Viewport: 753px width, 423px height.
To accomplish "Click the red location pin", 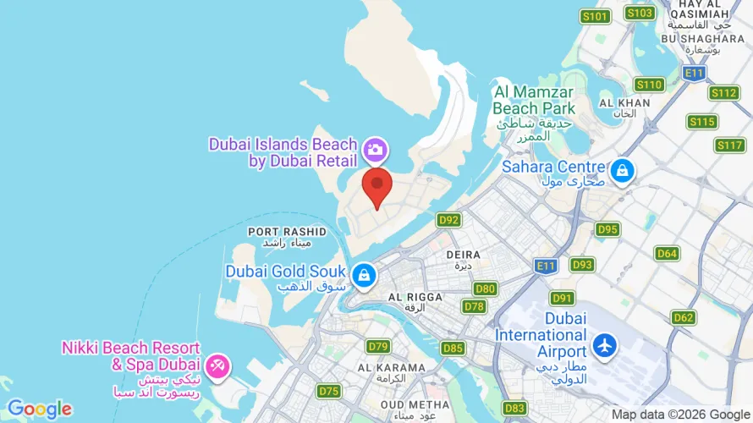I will [376, 186].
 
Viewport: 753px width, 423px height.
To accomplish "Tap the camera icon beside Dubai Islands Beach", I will [374, 151].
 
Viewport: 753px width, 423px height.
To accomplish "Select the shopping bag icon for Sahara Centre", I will [623, 169].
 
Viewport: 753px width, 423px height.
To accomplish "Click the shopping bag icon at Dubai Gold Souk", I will [364, 274].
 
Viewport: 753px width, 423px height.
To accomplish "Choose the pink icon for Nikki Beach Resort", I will [217, 365].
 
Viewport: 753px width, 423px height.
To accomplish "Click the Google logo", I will [40, 409].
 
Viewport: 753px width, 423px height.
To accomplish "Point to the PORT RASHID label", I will [275, 231].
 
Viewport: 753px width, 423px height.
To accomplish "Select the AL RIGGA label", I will [414, 297].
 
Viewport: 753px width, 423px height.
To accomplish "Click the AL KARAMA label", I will [391, 368].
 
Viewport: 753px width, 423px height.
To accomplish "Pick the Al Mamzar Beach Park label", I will [534, 100].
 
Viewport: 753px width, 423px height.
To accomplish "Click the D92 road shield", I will [449, 220].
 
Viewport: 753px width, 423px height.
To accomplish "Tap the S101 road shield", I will [596, 16].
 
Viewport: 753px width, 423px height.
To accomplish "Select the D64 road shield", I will [668, 253].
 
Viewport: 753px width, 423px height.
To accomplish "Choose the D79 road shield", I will [378, 346].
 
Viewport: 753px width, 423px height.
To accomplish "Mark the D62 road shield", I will [683, 317].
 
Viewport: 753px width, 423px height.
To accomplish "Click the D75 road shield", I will [328, 391].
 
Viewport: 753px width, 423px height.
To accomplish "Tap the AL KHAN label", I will [624, 102].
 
